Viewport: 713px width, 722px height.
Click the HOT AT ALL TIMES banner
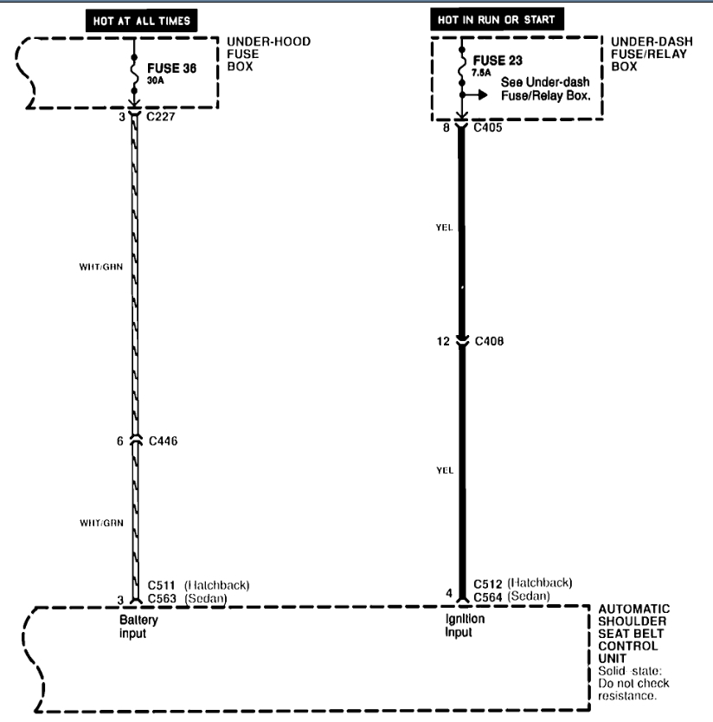pos(139,19)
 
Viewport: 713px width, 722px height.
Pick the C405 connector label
pos(489,127)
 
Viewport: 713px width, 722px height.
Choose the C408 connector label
pos(491,341)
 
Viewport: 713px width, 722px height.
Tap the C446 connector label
pos(163,441)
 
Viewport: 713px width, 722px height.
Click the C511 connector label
pos(163,584)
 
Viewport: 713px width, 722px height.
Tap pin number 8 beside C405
pos(445,127)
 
